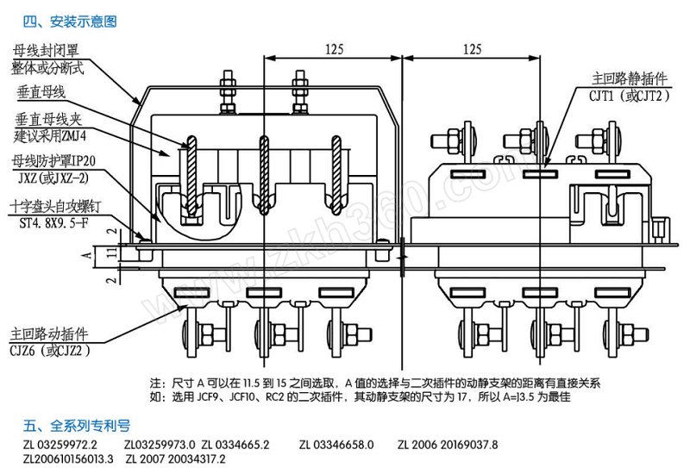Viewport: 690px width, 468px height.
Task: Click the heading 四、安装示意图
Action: pyautogui.click(x=70, y=22)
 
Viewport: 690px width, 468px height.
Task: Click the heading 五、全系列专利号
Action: pyautogui.click(x=77, y=425)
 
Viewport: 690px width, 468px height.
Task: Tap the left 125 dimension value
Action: pyautogui.click(x=334, y=49)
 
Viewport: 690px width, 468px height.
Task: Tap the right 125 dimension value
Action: pyautogui.click(x=472, y=49)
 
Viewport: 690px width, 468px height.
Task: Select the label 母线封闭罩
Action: pyautogui.click(x=46, y=51)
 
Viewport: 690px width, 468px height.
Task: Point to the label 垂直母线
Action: pyautogui.click(x=41, y=92)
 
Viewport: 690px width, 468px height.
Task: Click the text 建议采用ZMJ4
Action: pyautogui.click(x=50, y=136)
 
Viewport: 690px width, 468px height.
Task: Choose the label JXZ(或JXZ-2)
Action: pyautogui.click(x=53, y=178)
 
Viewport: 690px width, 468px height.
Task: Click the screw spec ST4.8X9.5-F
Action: pyautogui.click(x=53, y=223)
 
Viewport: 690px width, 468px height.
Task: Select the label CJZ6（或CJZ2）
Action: pyautogui.click(x=51, y=351)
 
